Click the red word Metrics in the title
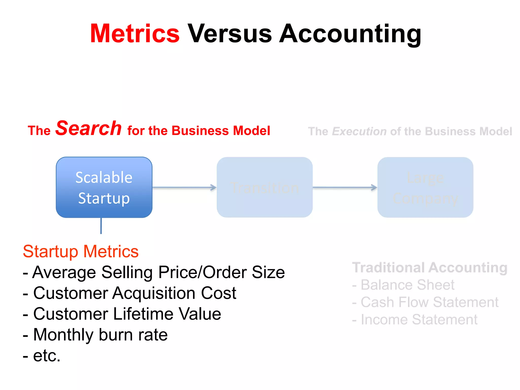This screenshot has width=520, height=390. (135, 34)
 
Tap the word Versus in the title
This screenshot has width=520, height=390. (230, 34)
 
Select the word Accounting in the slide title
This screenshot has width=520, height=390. (350, 34)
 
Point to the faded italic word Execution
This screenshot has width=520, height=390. (359, 132)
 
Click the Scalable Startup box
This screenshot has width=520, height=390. (104, 187)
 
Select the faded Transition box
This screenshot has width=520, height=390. (265, 187)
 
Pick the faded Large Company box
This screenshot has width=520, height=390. (425, 187)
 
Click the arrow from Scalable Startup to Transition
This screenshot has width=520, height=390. (184, 188)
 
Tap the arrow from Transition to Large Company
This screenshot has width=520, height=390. (345, 188)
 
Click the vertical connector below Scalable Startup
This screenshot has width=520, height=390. (101, 226)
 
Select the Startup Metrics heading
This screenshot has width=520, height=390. (81, 251)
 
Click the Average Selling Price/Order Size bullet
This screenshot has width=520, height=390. (154, 272)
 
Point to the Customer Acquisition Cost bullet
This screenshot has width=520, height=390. (130, 293)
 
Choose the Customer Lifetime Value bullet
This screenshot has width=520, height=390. (122, 314)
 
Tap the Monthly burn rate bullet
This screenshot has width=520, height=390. (95, 335)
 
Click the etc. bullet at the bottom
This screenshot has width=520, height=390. (42, 355)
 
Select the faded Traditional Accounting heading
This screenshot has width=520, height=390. (430, 268)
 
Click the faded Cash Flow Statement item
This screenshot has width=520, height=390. (426, 302)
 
